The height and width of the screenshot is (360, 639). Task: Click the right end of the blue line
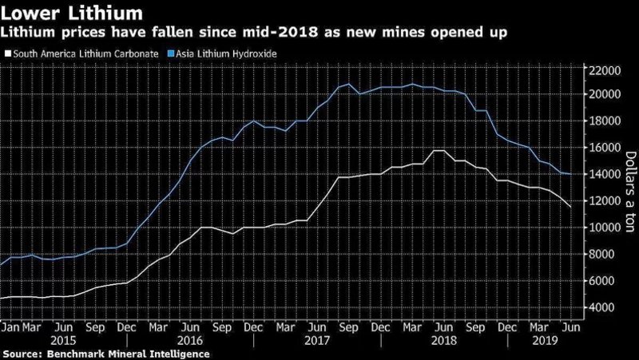570,174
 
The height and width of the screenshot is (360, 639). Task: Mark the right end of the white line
570,208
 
